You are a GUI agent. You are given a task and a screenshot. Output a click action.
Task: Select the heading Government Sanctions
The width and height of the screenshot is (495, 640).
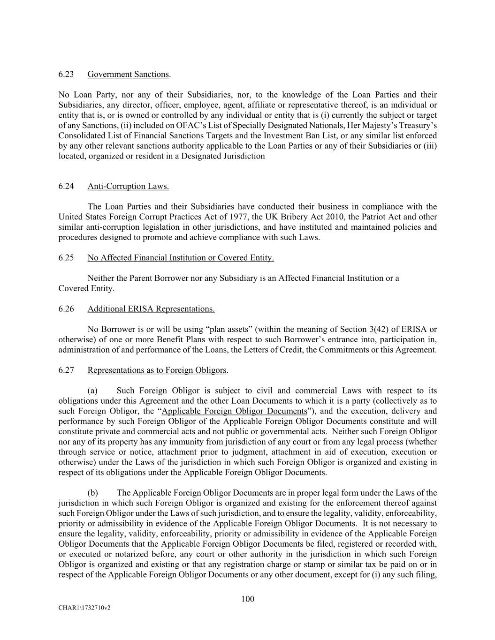coord(128,74)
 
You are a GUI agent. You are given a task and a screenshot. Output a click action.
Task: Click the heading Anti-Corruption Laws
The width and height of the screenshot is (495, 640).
coord(128,186)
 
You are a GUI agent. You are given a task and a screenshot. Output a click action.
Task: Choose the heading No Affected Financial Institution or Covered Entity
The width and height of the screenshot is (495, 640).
coord(181,257)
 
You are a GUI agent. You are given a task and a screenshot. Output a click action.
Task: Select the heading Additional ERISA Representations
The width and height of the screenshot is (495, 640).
coord(151,309)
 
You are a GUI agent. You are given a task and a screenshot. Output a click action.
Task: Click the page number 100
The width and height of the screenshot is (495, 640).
coord(247,599)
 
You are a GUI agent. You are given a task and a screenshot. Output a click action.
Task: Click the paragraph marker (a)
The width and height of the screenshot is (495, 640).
coord(92,391)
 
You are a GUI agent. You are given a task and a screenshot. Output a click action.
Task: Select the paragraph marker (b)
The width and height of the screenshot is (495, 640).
coord(92,493)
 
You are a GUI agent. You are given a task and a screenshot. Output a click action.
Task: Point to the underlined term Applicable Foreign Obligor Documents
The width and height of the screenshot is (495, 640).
coord(234,411)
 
